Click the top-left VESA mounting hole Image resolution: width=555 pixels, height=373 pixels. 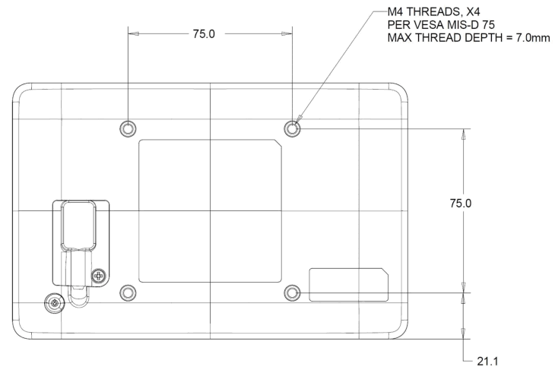click(x=128, y=128)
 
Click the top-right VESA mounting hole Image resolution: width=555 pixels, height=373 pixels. click(x=293, y=128)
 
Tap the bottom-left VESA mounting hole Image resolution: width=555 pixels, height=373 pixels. click(x=128, y=292)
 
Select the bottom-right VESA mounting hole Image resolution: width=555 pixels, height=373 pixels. click(x=293, y=292)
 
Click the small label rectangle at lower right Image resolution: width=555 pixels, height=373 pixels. click(x=348, y=284)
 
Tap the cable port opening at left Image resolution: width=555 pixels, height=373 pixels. click(x=78, y=225)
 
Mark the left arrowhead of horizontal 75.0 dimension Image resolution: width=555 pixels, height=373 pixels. click(x=131, y=33)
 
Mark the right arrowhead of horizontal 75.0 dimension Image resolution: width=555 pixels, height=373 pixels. click(x=290, y=33)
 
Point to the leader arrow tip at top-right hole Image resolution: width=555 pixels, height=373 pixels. click(x=298, y=121)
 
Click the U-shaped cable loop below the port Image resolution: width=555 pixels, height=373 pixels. click(x=78, y=292)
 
